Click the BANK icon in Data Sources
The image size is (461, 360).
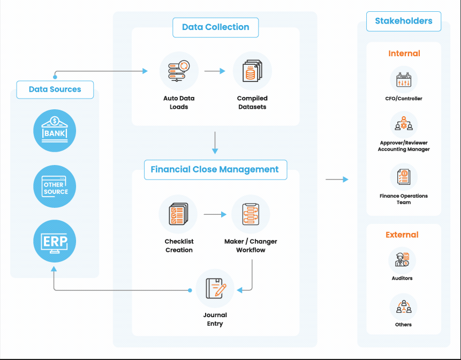55,130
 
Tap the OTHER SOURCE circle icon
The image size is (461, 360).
55,187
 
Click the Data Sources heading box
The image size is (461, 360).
55,89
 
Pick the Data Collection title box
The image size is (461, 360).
215,27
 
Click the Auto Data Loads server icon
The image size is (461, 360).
179,71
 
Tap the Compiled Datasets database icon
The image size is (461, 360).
252,71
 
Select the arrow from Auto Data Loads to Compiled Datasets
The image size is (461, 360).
215,71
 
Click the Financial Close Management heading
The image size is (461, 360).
215,169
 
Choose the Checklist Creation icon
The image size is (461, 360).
178,214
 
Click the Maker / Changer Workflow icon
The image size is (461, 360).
251,214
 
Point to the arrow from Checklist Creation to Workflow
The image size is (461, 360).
215,214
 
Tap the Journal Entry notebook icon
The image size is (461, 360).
215,288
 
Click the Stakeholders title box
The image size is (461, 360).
404,21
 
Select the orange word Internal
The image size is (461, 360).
404,54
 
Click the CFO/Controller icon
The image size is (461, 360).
404,80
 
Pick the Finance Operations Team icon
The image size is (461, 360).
404,177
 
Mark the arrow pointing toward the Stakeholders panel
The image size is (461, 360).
337,179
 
